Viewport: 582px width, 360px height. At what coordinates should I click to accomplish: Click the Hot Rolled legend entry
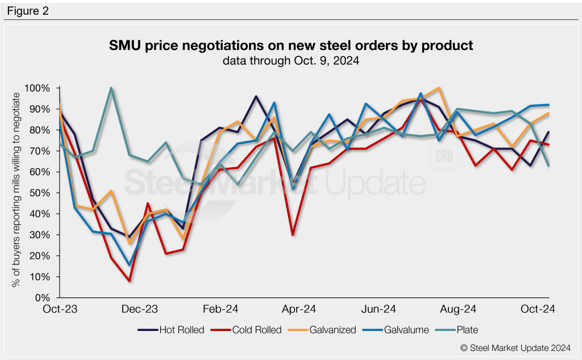click(x=171, y=330)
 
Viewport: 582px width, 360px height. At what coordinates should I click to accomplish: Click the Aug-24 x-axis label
click(x=459, y=309)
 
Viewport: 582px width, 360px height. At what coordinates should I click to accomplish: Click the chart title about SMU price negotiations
click(x=291, y=45)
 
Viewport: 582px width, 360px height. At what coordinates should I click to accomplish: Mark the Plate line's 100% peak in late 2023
click(x=111, y=88)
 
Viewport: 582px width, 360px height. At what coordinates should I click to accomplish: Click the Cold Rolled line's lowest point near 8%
click(x=130, y=281)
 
